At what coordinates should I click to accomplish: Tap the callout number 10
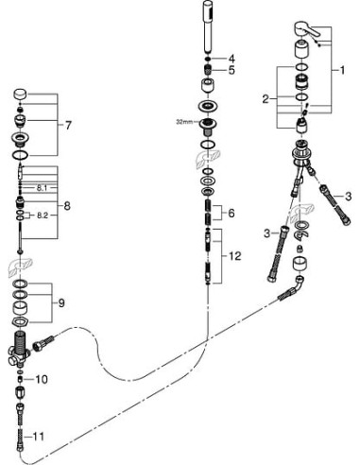42,379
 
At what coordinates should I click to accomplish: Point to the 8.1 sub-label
41,187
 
